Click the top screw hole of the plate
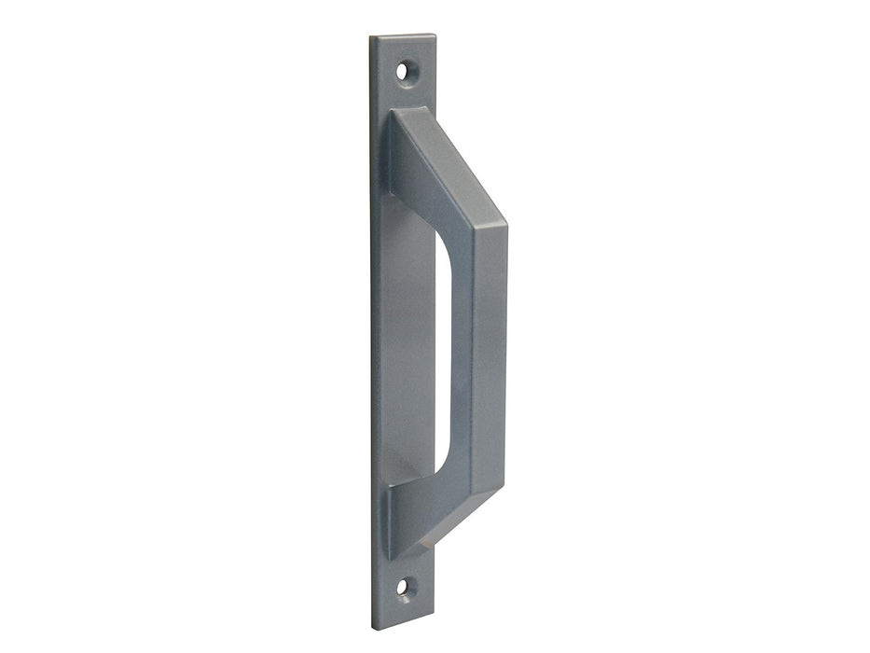click(403, 70)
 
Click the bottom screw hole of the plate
click(403, 588)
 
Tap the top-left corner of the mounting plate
click(371, 38)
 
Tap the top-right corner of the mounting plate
click(435, 35)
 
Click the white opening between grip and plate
click(445, 354)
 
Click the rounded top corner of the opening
click(445, 238)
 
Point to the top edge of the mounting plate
click(403, 37)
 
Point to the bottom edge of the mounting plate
click(403, 628)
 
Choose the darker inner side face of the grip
click(463, 354)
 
